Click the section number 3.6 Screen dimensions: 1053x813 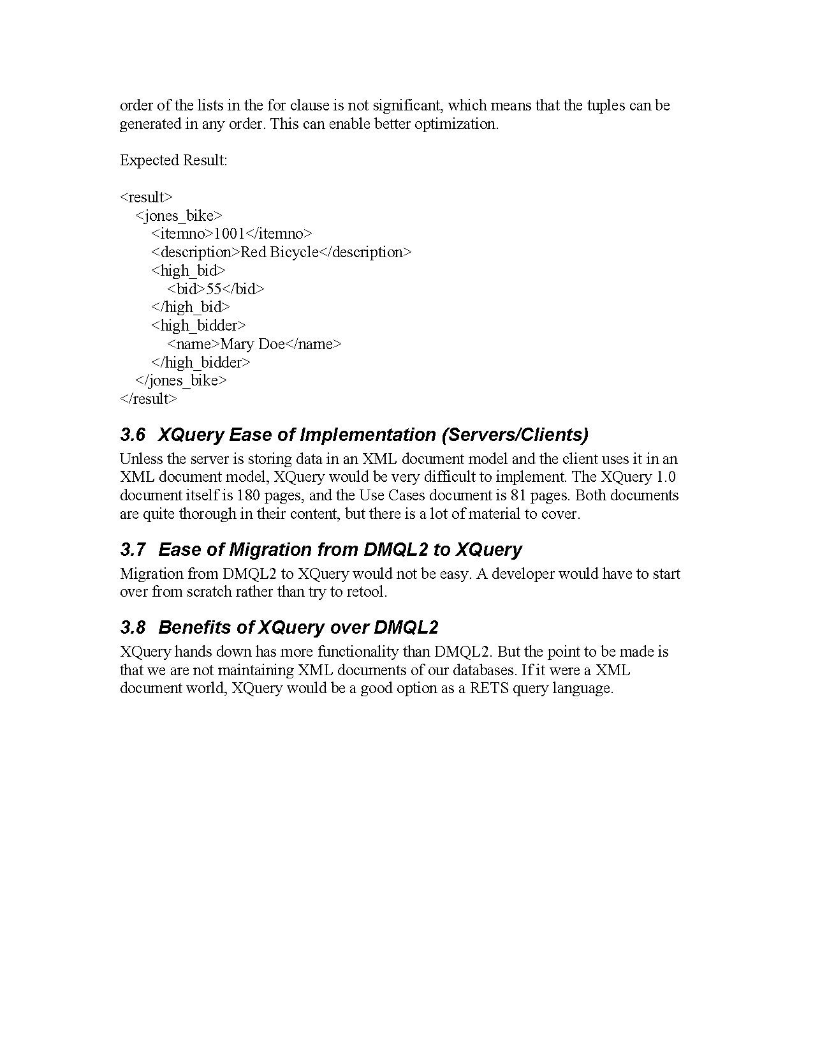pyautogui.click(x=133, y=435)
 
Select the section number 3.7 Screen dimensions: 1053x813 pyautogui.click(x=133, y=550)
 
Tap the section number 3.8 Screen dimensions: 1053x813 pyautogui.click(x=133, y=628)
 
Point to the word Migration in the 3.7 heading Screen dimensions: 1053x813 pyautogui.click(x=272, y=550)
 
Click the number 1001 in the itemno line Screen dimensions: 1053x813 pyautogui.click(x=229, y=234)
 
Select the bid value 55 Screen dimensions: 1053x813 pyautogui.click(x=214, y=289)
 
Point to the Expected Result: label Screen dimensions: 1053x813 pyautogui.click(x=173, y=160)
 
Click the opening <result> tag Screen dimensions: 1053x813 pyautogui.click(x=146, y=197)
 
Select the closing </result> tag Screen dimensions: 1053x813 pyautogui.click(x=148, y=400)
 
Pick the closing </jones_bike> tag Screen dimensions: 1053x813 pyautogui.click(x=181, y=381)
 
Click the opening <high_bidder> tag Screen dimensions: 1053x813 pyautogui.click(x=198, y=326)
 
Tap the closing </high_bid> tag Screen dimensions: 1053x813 pyautogui.click(x=190, y=308)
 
